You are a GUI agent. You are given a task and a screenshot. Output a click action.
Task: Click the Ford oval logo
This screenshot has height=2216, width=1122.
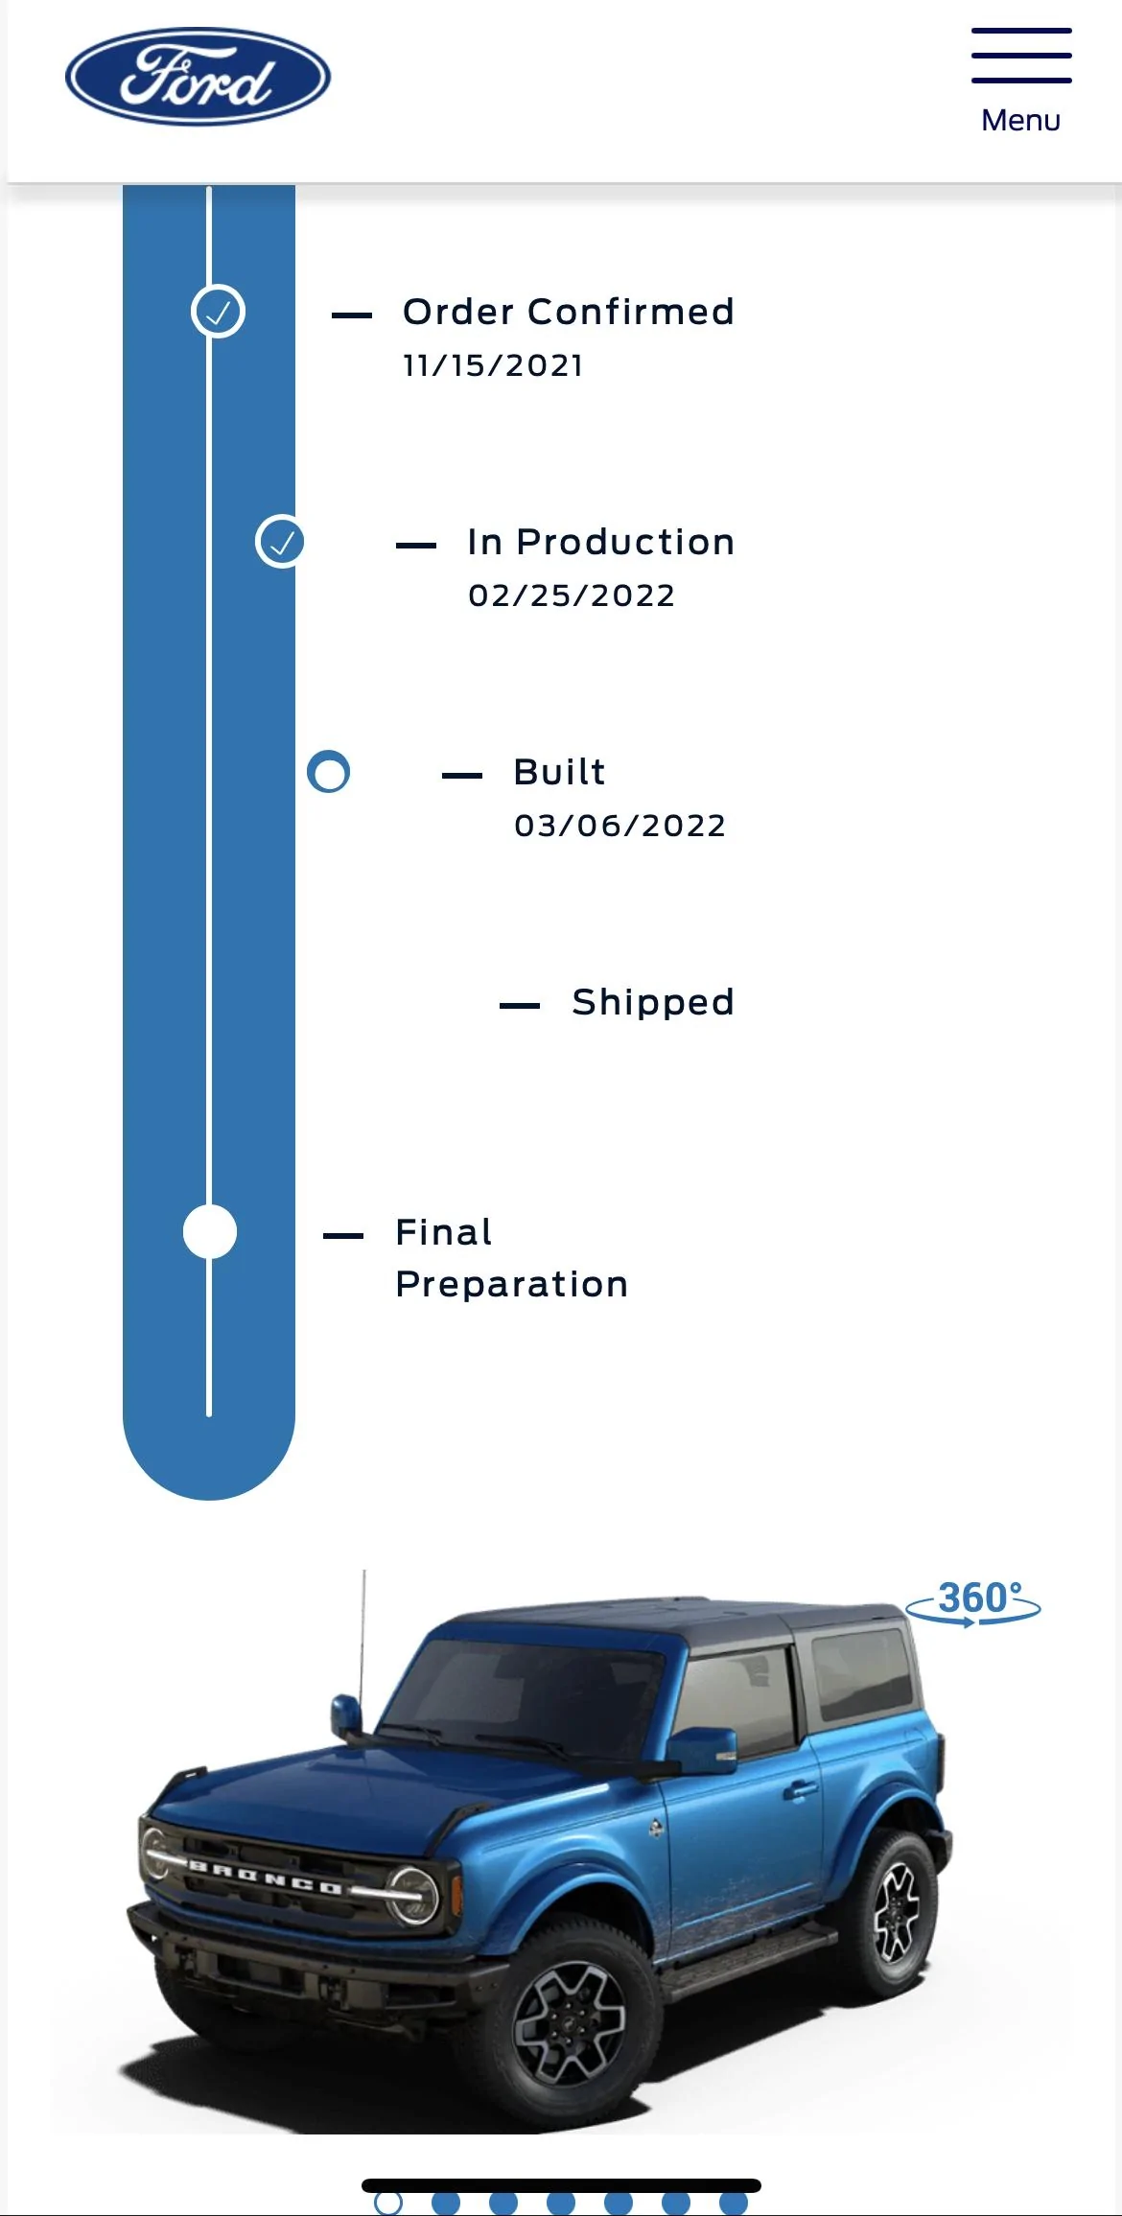click(x=198, y=77)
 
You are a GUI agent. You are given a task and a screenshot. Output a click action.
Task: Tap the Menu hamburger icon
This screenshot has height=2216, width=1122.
click(x=1021, y=56)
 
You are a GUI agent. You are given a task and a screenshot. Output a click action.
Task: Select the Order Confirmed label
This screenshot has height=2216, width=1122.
click(x=569, y=312)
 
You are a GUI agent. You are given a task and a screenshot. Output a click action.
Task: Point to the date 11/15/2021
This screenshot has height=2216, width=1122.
click(x=493, y=365)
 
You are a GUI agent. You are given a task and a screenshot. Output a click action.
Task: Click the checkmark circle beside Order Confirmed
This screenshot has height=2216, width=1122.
click(x=219, y=312)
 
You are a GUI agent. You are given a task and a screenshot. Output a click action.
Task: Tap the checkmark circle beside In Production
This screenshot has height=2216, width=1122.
click(x=281, y=542)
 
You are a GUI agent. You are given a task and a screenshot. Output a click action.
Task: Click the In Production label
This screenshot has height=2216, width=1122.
click(x=601, y=542)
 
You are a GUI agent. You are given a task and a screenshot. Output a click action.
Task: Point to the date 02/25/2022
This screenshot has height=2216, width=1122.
click(x=572, y=595)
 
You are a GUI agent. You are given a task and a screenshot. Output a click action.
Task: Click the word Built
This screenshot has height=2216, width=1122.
click(x=560, y=772)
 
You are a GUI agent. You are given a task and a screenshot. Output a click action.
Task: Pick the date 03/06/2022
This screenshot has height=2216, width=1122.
click(x=619, y=826)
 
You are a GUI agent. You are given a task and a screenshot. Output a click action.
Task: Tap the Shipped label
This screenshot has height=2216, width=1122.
click(x=653, y=1002)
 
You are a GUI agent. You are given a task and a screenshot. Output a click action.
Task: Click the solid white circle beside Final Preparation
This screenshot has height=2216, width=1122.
click(x=210, y=1232)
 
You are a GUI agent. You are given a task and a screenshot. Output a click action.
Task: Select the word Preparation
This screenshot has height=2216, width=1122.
click(x=512, y=1284)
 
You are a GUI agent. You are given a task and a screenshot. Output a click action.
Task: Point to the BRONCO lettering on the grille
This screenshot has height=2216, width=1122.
click(x=265, y=1876)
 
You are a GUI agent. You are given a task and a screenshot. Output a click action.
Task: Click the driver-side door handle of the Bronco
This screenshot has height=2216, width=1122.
click(x=800, y=1788)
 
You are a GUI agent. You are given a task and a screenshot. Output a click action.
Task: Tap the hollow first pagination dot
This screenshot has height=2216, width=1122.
click(x=388, y=2203)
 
